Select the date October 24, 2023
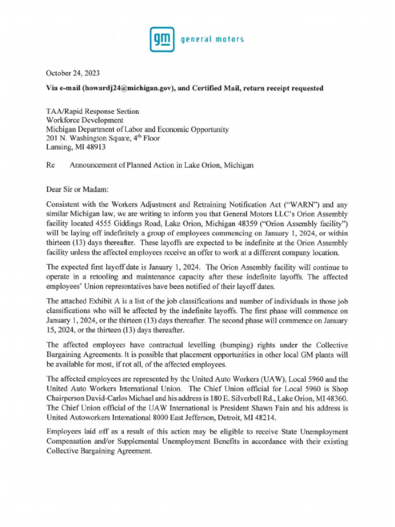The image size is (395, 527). [x=73, y=73]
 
